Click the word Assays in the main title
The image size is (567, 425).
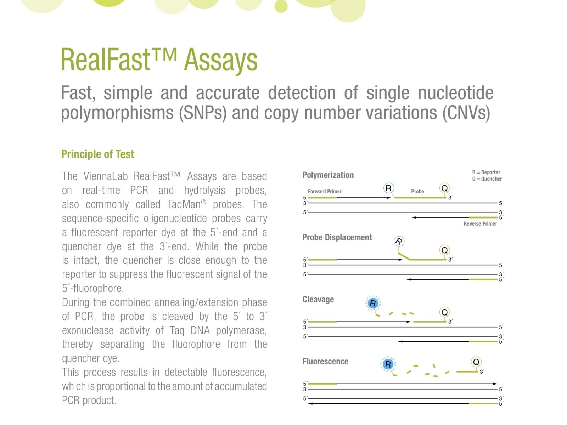tap(220, 61)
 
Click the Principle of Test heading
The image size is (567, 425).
tap(98, 154)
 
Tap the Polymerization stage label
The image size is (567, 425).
tap(328, 175)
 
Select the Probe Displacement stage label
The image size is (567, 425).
tap(337, 237)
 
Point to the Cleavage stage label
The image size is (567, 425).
tap(318, 299)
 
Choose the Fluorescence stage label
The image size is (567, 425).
tap(325, 362)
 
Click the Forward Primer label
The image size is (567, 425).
tap(325, 192)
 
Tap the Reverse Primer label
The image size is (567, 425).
tap(480, 224)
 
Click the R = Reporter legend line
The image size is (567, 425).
tap(486, 172)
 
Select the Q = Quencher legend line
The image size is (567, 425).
tap(487, 179)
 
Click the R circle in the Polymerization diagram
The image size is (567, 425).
tap(388, 188)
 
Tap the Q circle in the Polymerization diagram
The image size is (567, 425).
tap(444, 188)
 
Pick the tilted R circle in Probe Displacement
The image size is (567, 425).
tap(399, 242)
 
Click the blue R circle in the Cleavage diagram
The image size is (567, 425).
tap(373, 303)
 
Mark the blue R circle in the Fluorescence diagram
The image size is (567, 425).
tap(388, 364)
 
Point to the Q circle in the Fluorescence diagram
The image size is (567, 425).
tap(476, 362)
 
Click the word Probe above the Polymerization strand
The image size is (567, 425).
tap(417, 192)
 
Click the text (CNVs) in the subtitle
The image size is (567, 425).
tap(466, 113)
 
